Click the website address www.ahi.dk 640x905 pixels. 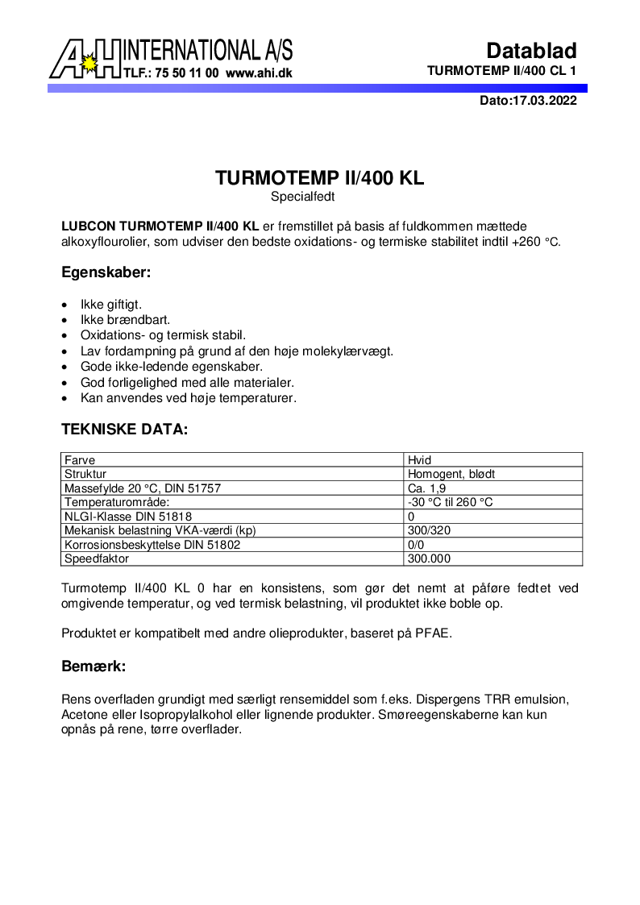(259, 73)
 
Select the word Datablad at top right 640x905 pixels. (531, 51)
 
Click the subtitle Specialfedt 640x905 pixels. (302, 196)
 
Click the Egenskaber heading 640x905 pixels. (106, 272)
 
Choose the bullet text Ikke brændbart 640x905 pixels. (125, 321)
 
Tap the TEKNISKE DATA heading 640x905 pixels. (125, 430)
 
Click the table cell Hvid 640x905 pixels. (420, 460)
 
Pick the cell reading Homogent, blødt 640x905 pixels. (451, 475)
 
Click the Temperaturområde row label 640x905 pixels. (117, 502)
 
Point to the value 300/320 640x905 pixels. (430, 530)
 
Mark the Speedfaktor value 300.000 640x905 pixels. (430, 558)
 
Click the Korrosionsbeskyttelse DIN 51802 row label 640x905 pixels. (152, 545)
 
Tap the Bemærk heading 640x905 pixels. (94, 667)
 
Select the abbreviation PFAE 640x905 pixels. (434, 633)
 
